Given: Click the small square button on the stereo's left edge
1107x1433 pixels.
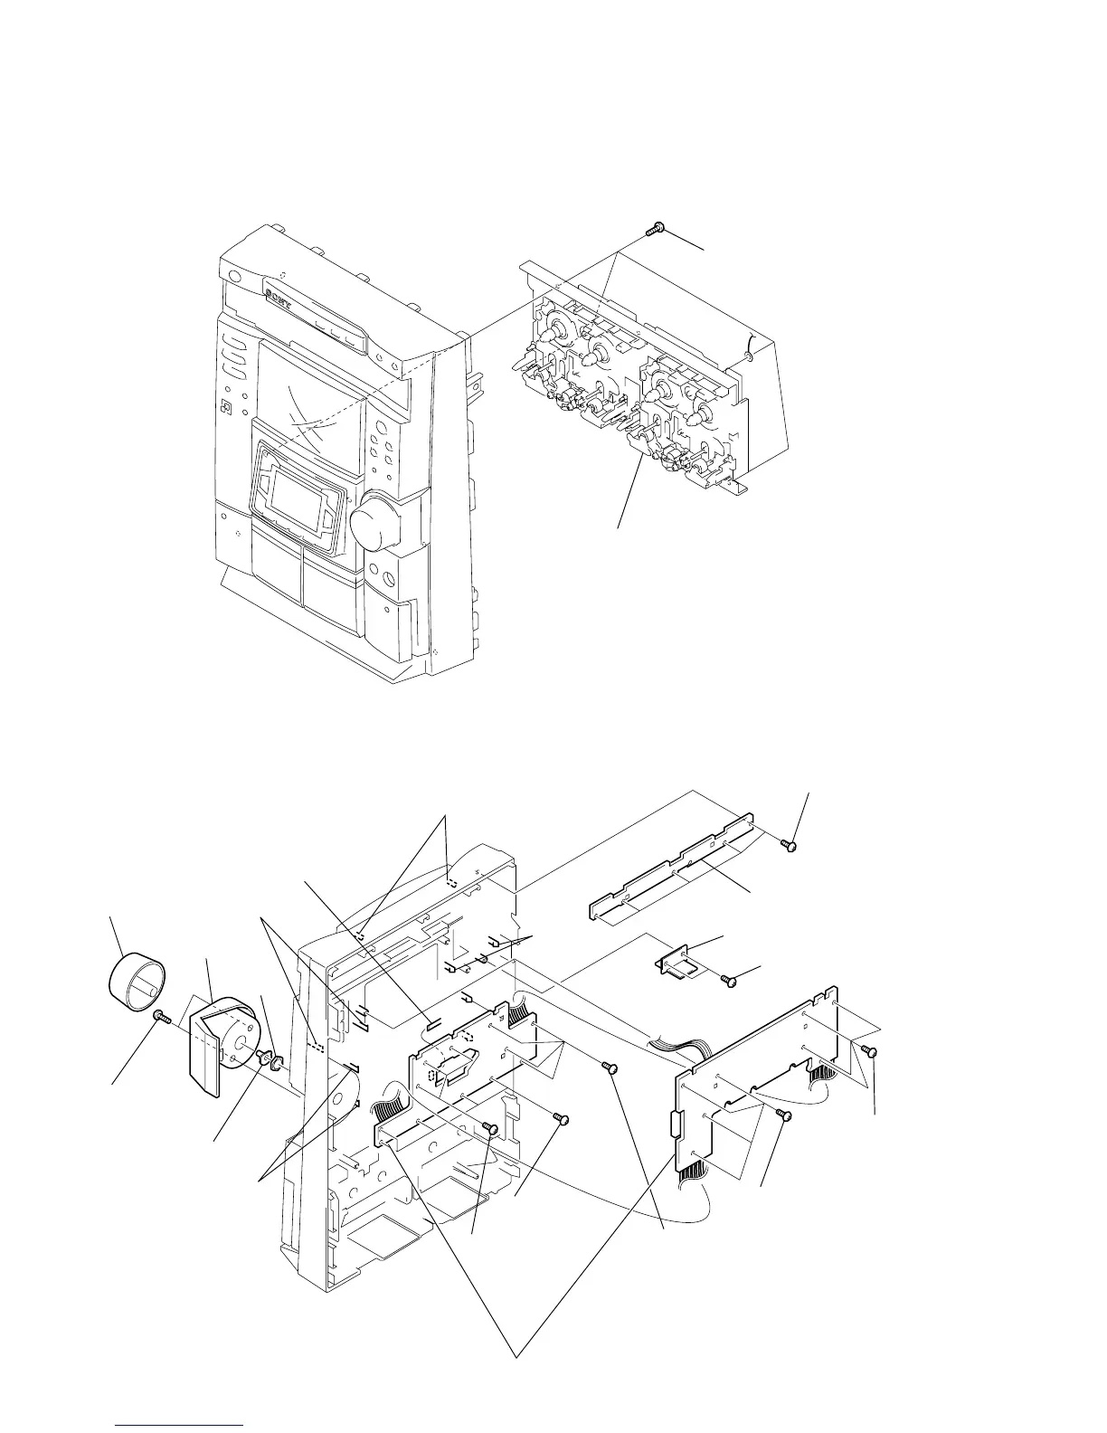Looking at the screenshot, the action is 226,408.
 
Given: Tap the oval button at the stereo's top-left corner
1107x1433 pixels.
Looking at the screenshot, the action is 234,278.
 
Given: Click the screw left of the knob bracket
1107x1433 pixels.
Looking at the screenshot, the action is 161,1017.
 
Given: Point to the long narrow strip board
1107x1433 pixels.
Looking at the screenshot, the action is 674,868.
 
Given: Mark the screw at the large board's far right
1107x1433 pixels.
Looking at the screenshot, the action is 871,1050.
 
